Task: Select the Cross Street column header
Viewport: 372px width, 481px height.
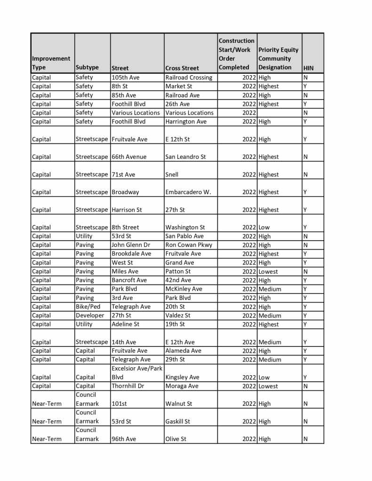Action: pyautogui.click(x=182, y=68)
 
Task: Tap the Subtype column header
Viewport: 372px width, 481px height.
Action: pyautogui.click(x=87, y=67)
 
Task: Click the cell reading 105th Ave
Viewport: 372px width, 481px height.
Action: pyautogui.click(x=126, y=77)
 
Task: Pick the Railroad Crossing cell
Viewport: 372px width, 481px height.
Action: pyautogui.click(x=189, y=77)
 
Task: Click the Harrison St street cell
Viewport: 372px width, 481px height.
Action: pyautogui.click(x=127, y=210)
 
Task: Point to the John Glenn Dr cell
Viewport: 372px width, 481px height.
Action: pyautogui.click(x=131, y=245)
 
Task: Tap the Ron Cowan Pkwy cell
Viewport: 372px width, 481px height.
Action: pyautogui.click(x=189, y=245)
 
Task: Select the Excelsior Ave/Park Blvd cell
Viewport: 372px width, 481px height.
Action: pyautogui.click(x=136, y=373)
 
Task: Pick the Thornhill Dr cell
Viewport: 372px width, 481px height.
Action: pyautogui.click(x=128, y=386)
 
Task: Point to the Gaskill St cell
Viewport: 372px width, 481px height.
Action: pyautogui.click(x=178, y=421)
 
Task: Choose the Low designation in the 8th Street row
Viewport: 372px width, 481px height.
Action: pyautogui.click(x=264, y=227)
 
